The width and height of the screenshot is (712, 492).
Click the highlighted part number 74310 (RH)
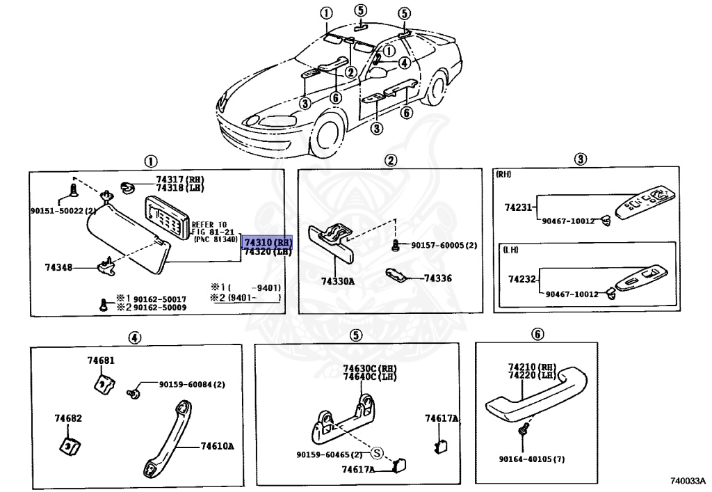[268, 241]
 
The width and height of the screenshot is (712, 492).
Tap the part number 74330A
[337, 282]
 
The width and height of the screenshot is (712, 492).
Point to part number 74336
[437, 278]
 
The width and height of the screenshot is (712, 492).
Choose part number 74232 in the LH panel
[521, 279]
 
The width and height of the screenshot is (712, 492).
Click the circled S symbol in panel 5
[377, 454]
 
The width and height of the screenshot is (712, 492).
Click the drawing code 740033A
[687, 481]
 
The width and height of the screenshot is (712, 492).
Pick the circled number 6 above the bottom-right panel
[537, 334]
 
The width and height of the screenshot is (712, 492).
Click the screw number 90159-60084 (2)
[192, 384]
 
